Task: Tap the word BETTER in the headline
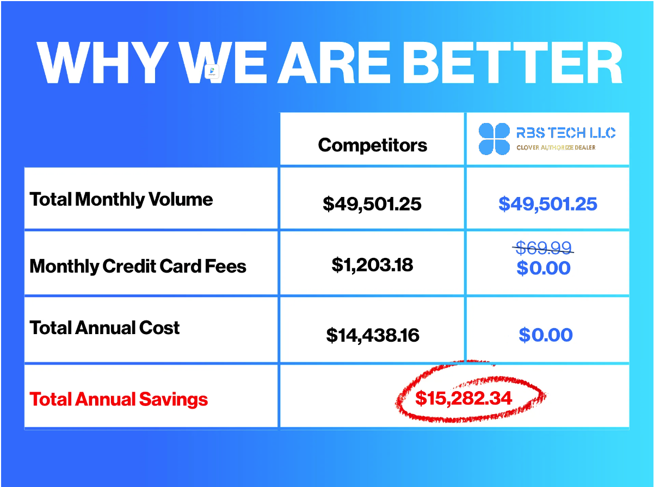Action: pyautogui.click(x=513, y=63)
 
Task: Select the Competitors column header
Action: pyautogui.click(x=372, y=145)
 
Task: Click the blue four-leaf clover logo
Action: pyautogui.click(x=494, y=139)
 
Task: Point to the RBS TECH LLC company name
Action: pyautogui.click(x=566, y=133)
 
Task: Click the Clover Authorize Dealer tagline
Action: pyautogui.click(x=556, y=147)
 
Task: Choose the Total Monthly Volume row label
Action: pyautogui.click(x=121, y=200)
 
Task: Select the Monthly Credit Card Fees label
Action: pyautogui.click(x=138, y=267)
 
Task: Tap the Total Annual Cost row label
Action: pyautogui.click(x=104, y=328)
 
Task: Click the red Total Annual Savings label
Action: pyautogui.click(x=119, y=399)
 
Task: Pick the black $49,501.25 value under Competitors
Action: pyautogui.click(x=372, y=204)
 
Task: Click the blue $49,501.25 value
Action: pyautogui.click(x=547, y=204)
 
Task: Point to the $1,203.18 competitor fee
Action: pyautogui.click(x=372, y=265)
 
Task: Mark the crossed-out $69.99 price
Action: pyautogui.click(x=544, y=248)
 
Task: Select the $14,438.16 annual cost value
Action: pyautogui.click(x=372, y=335)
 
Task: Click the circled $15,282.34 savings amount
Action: pyautogui.click(x=464, y=398)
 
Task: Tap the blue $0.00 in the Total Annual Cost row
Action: pyautogui.click(x=546, y=335)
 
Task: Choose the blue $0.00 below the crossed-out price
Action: pyautogui.click(x=544, y=268)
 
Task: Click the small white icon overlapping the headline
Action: pyautogui.click(x=212, y=71)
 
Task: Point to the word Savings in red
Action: pyautogui.click(x=174, y=399)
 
